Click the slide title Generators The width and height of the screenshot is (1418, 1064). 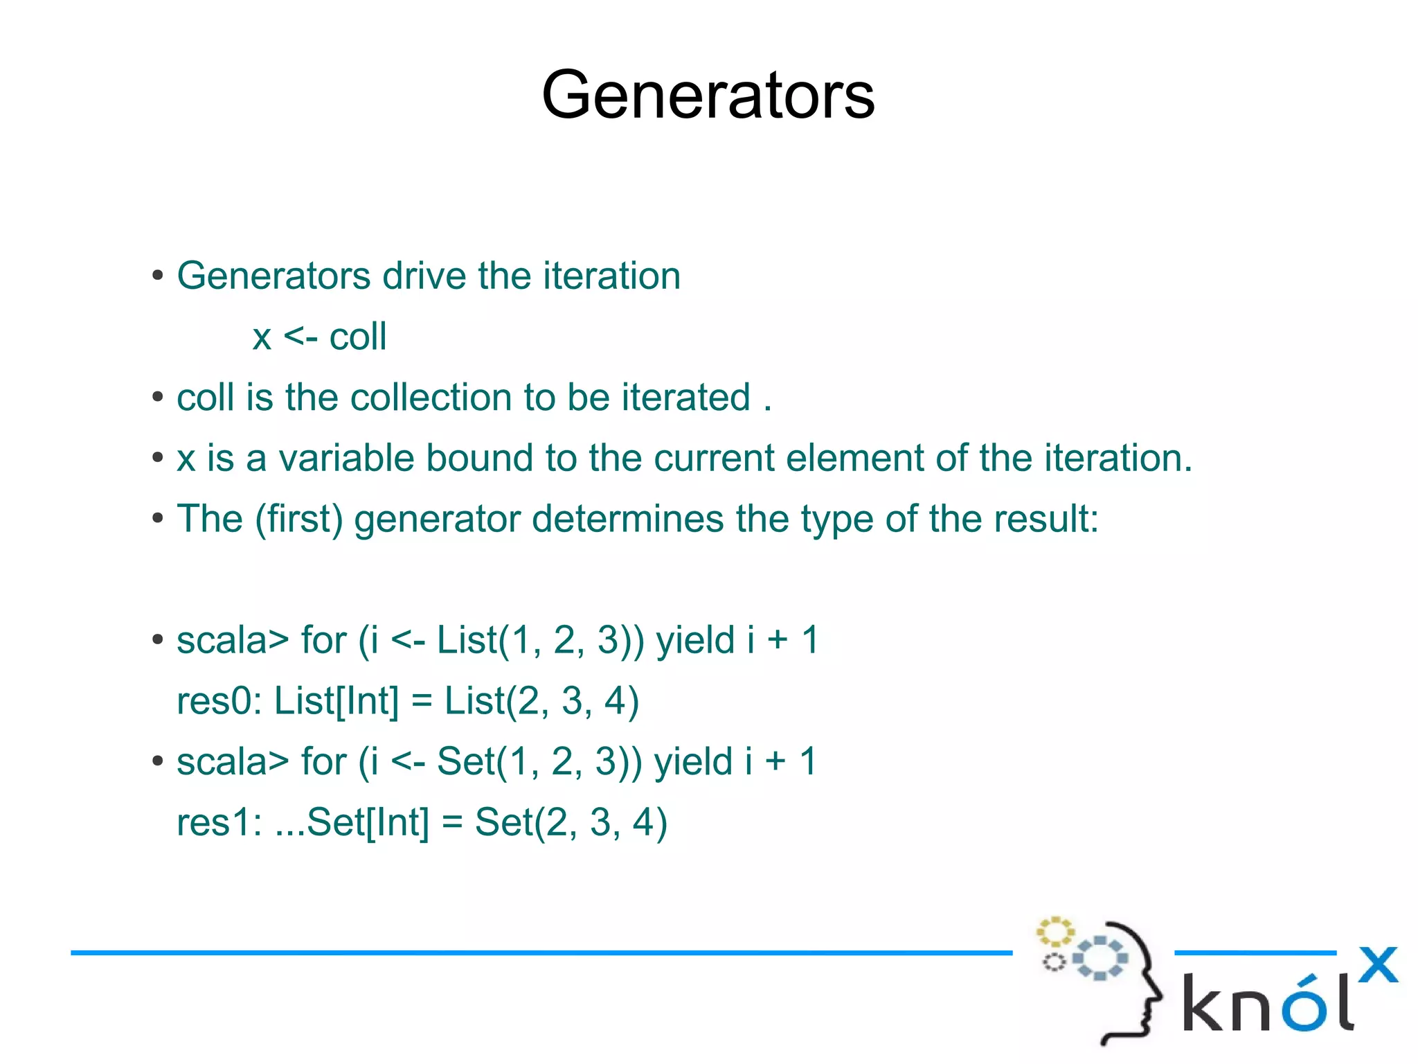point(708,95)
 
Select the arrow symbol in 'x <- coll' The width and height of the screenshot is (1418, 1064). point(300,337)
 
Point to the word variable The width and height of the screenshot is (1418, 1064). point(346,459)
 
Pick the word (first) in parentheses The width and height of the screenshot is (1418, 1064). point(299,520)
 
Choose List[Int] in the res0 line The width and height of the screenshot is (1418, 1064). point(336,701)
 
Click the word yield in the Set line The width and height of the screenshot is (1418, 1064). point(693,762)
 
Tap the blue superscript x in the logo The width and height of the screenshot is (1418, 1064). point(1377,964)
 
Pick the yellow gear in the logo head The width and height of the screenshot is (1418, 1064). point(1054,932)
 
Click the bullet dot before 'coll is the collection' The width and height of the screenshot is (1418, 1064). point(158,398)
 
